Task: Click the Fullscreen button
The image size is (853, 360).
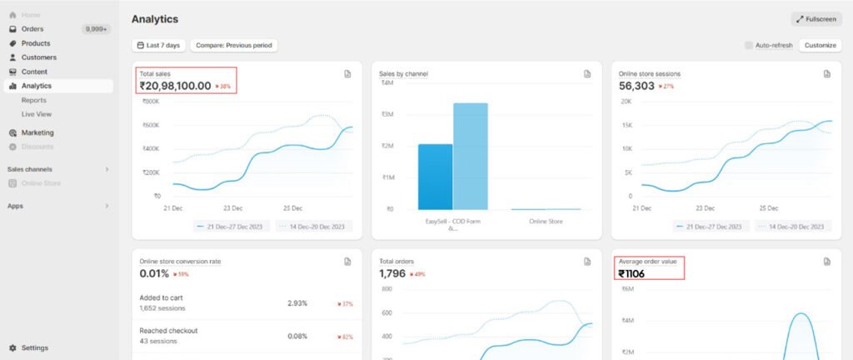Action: coord(816,19)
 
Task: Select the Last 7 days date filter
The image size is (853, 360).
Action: coord(158,45)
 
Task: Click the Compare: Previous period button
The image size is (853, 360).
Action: coord(233,45)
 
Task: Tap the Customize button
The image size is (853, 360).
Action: coord(820,45)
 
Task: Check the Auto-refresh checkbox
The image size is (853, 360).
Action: coord(749,45)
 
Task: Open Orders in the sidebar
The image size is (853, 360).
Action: coord(32,29)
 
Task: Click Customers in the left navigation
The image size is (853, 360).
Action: coord(38,57)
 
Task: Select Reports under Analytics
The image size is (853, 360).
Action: coord(34,100)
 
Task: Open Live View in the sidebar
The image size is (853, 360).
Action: coord(37,114)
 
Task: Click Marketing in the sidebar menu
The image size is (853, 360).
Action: coord(37,132)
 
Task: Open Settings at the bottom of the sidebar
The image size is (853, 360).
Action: coord(34,347)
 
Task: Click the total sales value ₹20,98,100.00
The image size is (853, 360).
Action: coord(175,85)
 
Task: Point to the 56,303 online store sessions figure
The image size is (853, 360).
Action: coord(636,85)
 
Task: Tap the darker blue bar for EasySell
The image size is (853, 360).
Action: coord(435,177)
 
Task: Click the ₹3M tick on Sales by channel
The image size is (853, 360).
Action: coord(387,114)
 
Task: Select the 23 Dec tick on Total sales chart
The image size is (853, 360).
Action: coord(232,207)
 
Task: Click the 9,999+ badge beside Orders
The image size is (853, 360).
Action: coord(97,29)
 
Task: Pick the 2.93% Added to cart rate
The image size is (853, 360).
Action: coord(297,303)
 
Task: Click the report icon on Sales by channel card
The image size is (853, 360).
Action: coord(587,74)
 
